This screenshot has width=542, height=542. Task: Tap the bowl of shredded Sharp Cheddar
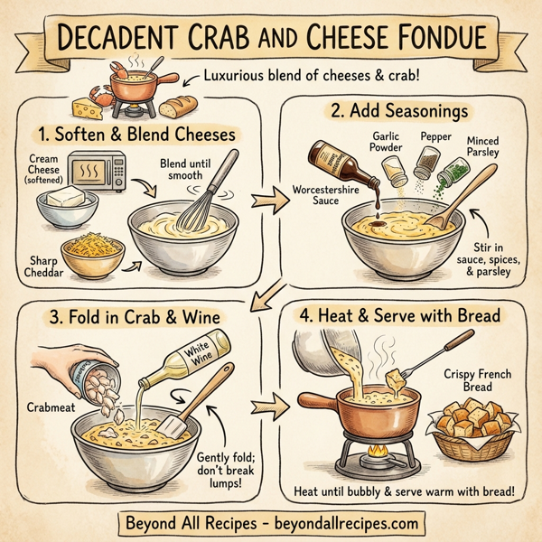[x=92, y=257]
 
